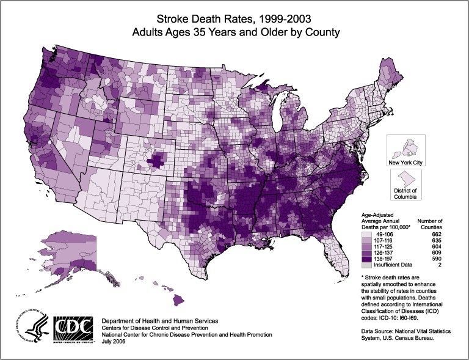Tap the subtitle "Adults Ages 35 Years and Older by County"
234,30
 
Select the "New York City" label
405,162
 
